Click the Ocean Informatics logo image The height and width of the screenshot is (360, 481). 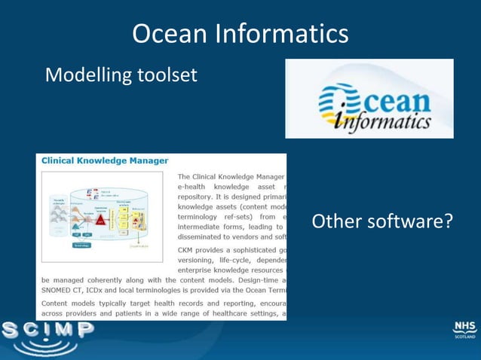tap(369, 99)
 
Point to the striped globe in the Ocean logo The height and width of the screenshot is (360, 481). tap(335, 101)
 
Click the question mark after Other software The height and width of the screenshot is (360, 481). tap(448, 222)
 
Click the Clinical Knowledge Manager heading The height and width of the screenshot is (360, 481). tap(105, 160)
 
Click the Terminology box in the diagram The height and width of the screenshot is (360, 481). tap(81, 244)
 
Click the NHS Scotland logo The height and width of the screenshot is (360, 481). tap(464, 329)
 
